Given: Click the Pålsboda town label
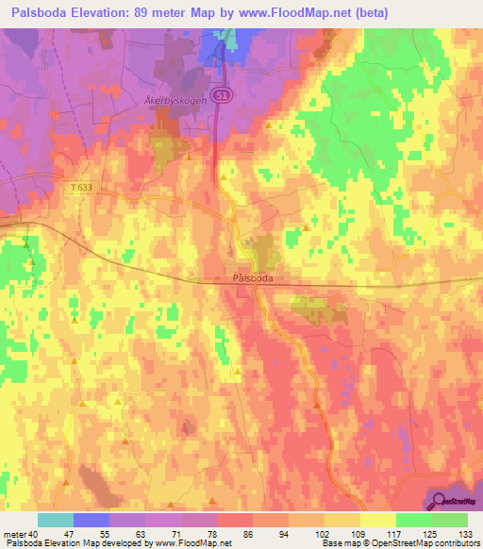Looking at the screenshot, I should coord(253,278).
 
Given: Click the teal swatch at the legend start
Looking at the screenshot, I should coord(55,520).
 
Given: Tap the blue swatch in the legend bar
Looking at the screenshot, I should coord(91,520).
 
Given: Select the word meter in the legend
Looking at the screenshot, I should coord(15,533).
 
